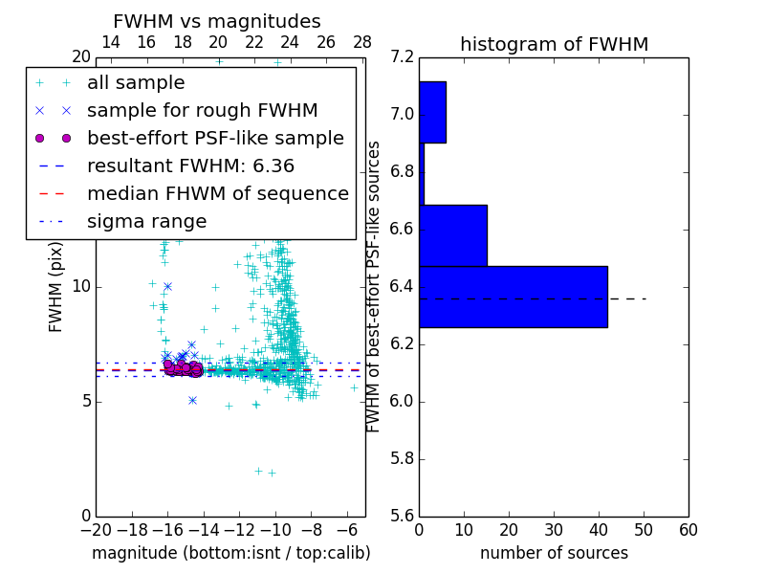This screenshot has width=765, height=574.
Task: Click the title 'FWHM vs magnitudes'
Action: click(x=217, y=22)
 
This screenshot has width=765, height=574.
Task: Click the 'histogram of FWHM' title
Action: click(x=554, y=44)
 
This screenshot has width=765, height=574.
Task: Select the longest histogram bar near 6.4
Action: click(x=513, y=297)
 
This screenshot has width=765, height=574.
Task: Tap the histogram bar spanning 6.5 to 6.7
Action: click(x=453, y=235)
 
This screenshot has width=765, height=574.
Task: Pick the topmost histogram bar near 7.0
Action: click(x=432, y=112)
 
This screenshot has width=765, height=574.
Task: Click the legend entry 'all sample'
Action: click(x=136, y=83)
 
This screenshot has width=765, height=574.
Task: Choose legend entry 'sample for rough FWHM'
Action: click(x=202, y=111)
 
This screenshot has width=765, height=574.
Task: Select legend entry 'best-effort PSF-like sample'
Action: click(x=215, y=139)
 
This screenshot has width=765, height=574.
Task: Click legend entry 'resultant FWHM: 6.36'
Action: click(x=190, y=166)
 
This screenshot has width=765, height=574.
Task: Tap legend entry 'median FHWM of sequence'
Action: click(x=217, y=194)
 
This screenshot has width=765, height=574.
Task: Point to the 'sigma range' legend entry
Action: click(x=146, y=222)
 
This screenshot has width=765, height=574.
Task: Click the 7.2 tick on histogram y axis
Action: click(x=403, y=57)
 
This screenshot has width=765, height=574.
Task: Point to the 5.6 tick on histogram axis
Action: click(x=403, y=516)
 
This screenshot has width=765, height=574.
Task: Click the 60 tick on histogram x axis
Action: click(x=688, y=530)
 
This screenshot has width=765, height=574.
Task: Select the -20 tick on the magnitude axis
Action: click(x=96, y=530)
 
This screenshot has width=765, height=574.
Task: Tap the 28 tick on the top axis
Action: click(x=362, y=42)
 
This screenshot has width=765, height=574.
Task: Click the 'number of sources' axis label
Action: click(x=554, y=553)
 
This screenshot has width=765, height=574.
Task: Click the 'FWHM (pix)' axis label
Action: click(x=56, y=286)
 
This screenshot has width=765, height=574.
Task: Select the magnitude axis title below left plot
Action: click(x=230, y=553)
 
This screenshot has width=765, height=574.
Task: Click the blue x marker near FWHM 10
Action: click(x=167, y=286)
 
